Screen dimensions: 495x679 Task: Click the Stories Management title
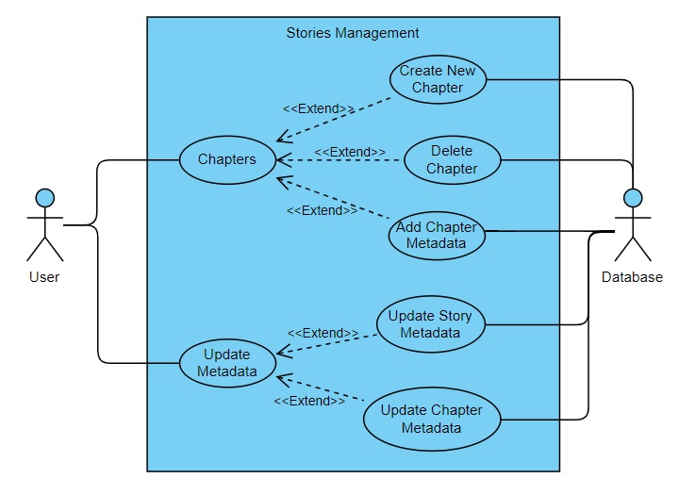[353, 33]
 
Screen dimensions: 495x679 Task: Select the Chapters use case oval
[226, 159]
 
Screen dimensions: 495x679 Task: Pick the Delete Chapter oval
[452, 160]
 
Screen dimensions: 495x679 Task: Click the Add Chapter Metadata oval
[437, 236]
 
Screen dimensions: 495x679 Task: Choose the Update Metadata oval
[227, 363]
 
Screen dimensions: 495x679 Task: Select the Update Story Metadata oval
[430, 323]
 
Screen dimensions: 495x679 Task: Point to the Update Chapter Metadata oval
[431, 420]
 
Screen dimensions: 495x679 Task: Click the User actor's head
[44, 198]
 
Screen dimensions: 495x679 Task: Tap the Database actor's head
[633, 198]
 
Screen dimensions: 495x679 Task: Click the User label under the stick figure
[44, 277]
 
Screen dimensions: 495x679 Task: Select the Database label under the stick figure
[632, 277]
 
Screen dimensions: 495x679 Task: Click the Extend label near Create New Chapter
[320, 108]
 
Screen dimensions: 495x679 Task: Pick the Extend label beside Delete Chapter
[350, 152]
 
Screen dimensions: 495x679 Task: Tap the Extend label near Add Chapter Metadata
[322, 210]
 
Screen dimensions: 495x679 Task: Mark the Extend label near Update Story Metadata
[323, 333]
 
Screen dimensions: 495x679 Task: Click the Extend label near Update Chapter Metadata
[309, 401]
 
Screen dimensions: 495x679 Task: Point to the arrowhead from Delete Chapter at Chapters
[280, 160]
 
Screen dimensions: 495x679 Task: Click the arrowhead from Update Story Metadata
[281, 354]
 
